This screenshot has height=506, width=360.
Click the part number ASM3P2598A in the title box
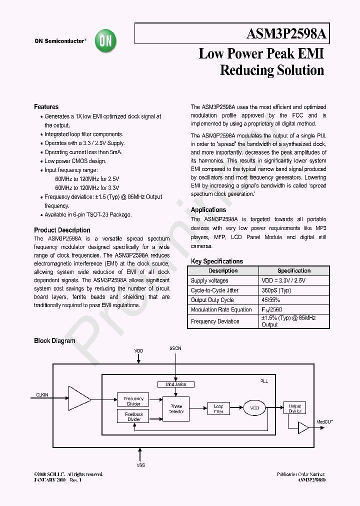(287, 34)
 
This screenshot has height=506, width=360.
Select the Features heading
(46, 106)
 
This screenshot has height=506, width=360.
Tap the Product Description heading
(62, 230)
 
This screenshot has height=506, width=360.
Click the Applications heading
(208, 210)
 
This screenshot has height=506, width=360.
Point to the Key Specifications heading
(217, 261)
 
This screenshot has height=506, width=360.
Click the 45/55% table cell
(270, 299)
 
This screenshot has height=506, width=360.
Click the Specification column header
(294, 270)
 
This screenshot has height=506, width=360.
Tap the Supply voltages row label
(209, 280)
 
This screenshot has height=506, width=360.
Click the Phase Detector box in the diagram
(176, 408)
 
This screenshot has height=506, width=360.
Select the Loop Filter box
(218, 408)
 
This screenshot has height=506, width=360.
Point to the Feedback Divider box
(133, 416)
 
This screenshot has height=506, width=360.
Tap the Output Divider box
(295, 408)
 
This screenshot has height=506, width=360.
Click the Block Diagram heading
(54, 341)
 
